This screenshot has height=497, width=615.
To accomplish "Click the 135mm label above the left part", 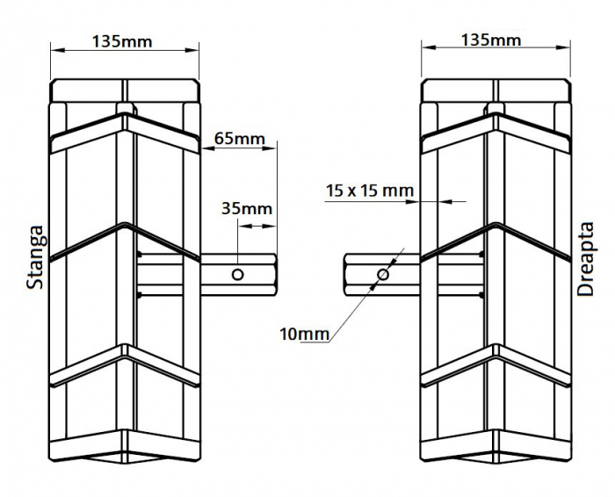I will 125,40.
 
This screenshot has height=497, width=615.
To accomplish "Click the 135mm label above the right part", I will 491,40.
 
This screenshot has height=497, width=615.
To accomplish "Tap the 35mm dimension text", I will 246,209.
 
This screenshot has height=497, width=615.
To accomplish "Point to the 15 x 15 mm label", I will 369,190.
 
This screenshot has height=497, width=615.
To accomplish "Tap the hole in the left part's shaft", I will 237,275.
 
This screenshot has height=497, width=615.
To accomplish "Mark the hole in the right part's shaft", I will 382,275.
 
